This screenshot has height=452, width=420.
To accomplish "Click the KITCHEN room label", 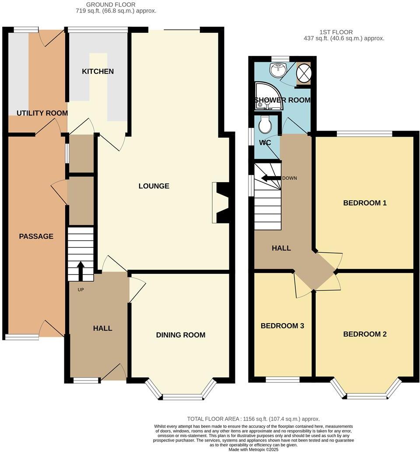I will pyautogui.click(x=98, y=71).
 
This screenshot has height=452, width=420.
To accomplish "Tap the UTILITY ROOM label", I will pyautogui.click(x=42, y=113).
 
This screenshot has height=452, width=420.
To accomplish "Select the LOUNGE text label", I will pyautogui.click(x=154, y=186).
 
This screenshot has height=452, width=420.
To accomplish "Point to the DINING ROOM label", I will pyautogui.click(x=181, y=335).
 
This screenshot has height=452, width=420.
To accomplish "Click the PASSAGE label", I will pyautogui.click(x=36, y=237).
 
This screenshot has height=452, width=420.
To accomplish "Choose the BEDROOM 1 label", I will pyautogui.click(x=365, y=203).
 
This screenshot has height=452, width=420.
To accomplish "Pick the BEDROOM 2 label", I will pyautogui.click(x=365, y=334).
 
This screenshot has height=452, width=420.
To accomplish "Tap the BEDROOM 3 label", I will pyautogui.click(x=282, y=326).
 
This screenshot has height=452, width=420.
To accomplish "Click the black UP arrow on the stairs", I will pyautogui.click(x=80, y=270).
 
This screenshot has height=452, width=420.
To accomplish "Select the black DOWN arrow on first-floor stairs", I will pyautogui.click(x=270, y=178).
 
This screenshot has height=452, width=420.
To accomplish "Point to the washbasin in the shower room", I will pyautogui.click(x=277, y=69).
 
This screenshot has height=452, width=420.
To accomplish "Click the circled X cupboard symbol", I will pyautogui.click(x=303, y=73).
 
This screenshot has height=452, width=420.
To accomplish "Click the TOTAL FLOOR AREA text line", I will pyautogui.click(x=253, y=419).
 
